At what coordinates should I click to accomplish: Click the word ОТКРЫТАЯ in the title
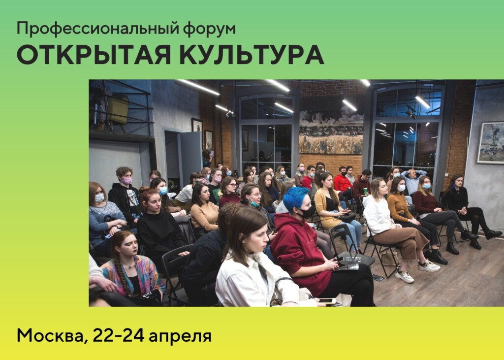pos(94,55)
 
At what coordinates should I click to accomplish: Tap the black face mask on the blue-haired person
pos(307,212)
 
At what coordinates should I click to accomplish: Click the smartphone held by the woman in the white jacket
pos(326,301)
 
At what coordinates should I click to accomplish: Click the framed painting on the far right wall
pos(491,142)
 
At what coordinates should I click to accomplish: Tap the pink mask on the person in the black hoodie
pos(126,180)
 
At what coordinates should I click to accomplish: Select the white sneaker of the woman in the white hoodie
pos(405,276)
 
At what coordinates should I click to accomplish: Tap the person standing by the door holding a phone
pos(207,158)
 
